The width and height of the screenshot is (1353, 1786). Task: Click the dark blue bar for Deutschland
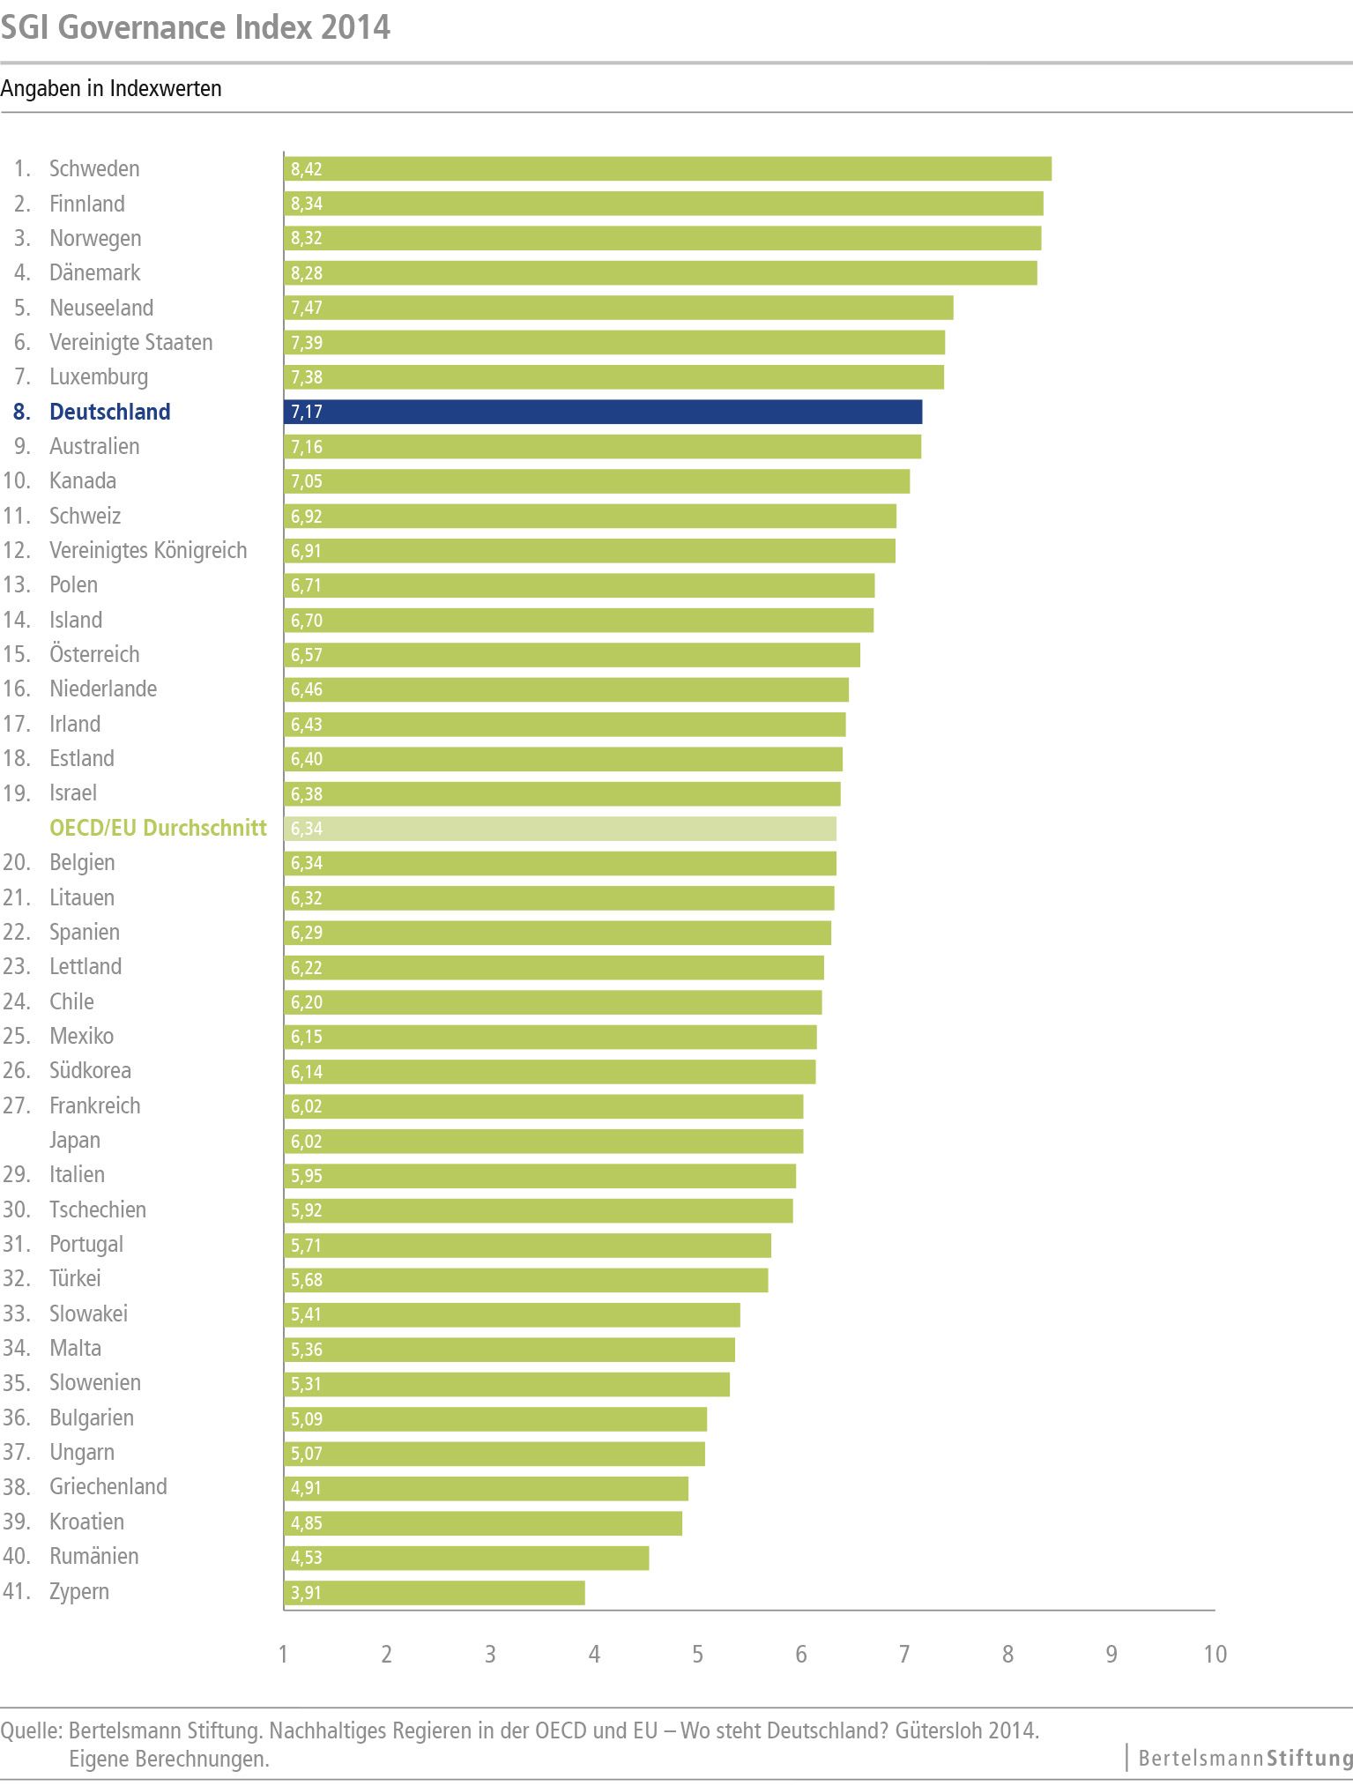pos(603,412)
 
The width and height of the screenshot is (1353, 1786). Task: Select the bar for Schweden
pos(667,168)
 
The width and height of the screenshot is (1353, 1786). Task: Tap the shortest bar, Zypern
pos(434,1592)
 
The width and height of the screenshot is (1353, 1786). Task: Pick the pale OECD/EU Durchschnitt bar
pos(560,829)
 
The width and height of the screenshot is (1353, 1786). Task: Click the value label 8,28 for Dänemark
pos(307,273)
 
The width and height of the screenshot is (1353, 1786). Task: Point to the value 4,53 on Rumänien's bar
pos(307,1558)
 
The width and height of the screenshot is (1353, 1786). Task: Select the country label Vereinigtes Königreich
pos(148,550)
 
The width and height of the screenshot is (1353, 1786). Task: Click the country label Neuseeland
pos(101,308)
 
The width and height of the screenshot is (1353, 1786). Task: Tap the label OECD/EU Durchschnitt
pos(158,828)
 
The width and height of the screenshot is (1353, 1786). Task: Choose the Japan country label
pos(75,1140)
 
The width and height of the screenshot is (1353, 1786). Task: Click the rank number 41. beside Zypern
pos(17,1591)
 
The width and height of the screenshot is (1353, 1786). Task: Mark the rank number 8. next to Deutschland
pos(21,412)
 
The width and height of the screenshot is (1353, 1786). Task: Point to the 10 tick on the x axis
pos(1215,1654)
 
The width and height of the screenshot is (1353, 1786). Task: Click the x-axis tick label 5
pos(697,1654)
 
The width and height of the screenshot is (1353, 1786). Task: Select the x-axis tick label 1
pos(283,1654)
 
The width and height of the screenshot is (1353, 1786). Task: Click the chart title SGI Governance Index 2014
pos(196,27)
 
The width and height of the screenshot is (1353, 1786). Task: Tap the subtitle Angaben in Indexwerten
pos(111,89)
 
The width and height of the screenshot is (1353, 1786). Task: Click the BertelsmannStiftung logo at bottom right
pos(1245,1758)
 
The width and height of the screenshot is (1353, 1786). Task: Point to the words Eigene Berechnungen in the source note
pos(169,1759)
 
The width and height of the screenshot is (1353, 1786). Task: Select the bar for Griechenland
pos(486,1488)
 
